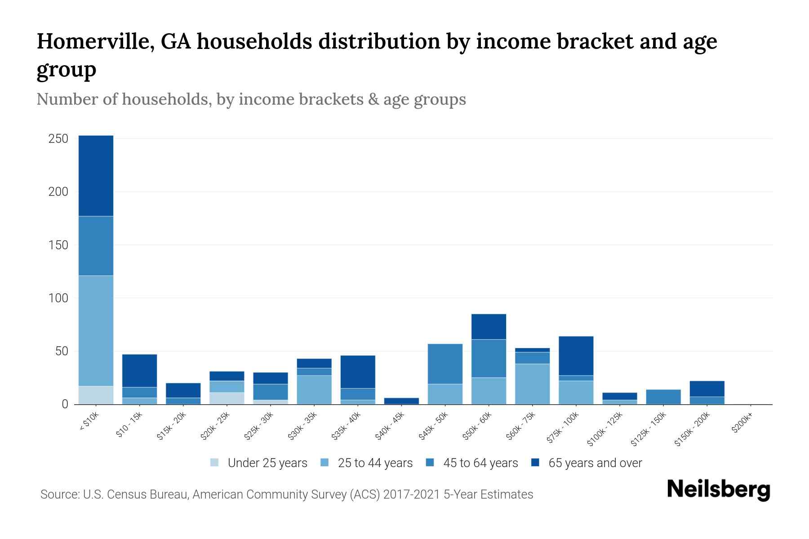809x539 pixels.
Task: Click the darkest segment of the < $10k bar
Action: point(96,176)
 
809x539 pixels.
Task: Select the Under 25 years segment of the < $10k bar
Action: point(96,395)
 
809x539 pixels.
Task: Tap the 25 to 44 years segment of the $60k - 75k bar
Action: point(532,384)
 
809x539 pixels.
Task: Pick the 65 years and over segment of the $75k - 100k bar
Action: point(576,356)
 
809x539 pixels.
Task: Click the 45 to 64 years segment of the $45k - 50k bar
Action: point(445,364)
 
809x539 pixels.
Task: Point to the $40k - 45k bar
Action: point(401,401)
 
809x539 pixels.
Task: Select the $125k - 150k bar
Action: point(663,397)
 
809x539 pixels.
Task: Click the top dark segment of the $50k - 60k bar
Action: point(489,327)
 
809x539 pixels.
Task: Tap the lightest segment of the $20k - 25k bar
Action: point(227,398)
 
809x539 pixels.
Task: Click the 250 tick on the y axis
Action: point(58,139)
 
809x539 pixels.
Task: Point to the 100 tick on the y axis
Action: point(58,298)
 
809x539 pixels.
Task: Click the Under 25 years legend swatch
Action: point(215,463)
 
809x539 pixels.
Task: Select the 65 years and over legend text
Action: point(595,463)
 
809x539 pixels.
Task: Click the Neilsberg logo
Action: point(718,490)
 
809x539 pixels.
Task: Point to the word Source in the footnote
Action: point(59,495)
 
